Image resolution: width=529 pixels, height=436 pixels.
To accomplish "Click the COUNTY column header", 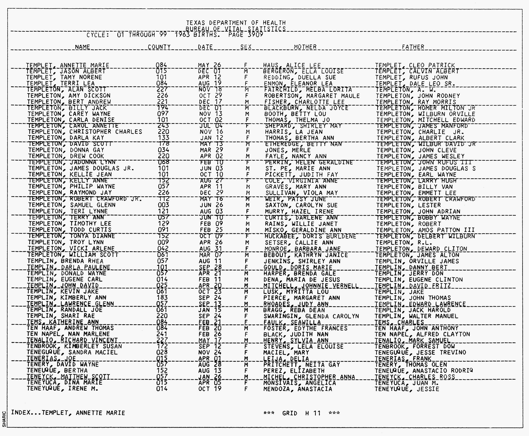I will (159, 47).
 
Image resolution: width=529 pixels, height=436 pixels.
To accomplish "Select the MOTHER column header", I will (305, 47).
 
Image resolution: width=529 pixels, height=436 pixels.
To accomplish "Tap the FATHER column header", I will (413, 47).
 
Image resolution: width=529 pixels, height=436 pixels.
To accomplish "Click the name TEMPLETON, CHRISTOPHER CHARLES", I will (85, 132).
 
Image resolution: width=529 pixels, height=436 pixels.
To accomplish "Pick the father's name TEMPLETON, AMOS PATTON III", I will (425, 230).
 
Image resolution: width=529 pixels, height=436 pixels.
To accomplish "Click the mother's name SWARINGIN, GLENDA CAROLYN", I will (311, 316).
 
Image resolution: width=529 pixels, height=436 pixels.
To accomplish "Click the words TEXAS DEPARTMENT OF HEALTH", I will (236, 23).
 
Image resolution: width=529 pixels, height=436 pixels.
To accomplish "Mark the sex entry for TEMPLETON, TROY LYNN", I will (247, 243).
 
